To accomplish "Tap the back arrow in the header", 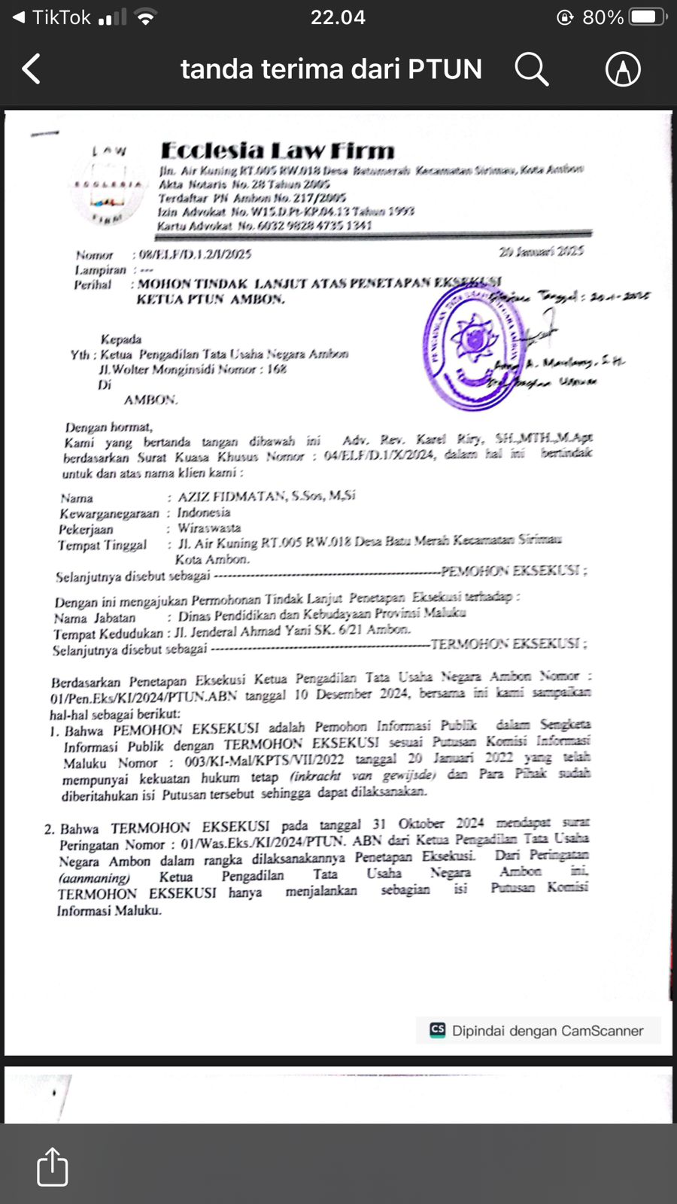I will (x=32, y=69).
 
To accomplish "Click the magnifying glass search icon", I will (x=531, y=69).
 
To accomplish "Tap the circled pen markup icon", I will (x=623, y=69).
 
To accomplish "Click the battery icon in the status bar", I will (x=647, y=17).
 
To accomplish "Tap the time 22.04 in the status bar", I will (x=338, y=17).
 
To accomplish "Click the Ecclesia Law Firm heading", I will (x=278, y=150).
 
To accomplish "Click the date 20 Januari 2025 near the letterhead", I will (x=541, y=251).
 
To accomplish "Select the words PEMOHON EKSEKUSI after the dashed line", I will (x=512, y=571).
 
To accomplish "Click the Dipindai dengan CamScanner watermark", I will (x=538, y=1031).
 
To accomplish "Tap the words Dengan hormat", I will (x=109, y=427).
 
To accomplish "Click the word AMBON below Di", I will (x=150, y=400).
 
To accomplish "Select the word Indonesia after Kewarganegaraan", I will (x=204, y=512).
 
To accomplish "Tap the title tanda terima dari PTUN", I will (x=331, y=69).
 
